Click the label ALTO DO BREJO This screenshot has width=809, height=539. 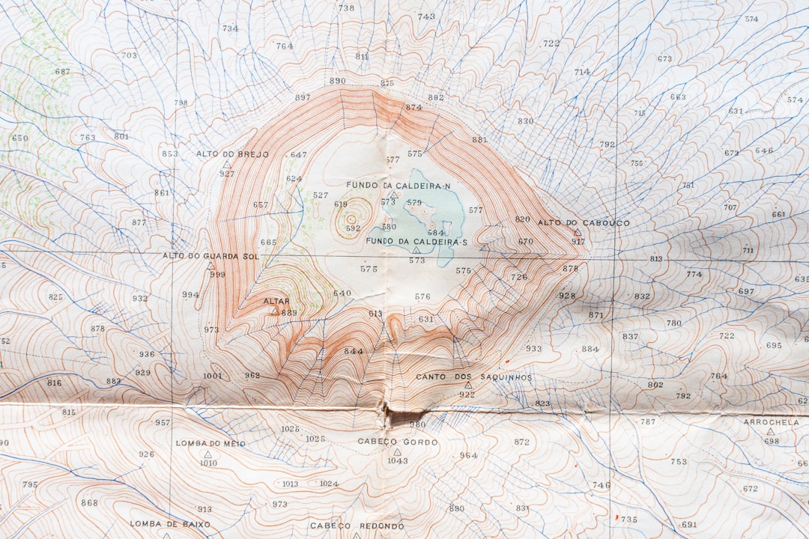pos(232,154)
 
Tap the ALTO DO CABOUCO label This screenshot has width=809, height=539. pos(584,222)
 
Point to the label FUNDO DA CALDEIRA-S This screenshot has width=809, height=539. pos(416,241)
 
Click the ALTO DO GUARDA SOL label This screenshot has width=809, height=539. pos(210,256)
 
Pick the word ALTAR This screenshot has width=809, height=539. pos(276,301)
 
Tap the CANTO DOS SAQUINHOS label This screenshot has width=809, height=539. pos(474,377)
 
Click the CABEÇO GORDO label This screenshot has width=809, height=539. pos(398,442)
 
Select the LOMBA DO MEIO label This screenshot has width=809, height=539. pos(210,443)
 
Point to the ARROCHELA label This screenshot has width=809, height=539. pos(771,422)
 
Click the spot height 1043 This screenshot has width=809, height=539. pos(398,460)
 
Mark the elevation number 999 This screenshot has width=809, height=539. pos(217,275)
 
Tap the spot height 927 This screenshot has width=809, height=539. pos(227,174)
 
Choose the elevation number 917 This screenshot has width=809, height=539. pos(578,242)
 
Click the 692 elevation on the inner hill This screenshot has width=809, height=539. pos(353,228)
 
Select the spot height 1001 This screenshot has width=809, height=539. pos(213,376)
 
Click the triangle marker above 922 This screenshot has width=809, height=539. pos(468,385)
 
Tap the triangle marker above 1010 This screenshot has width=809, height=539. pos(207,454)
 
